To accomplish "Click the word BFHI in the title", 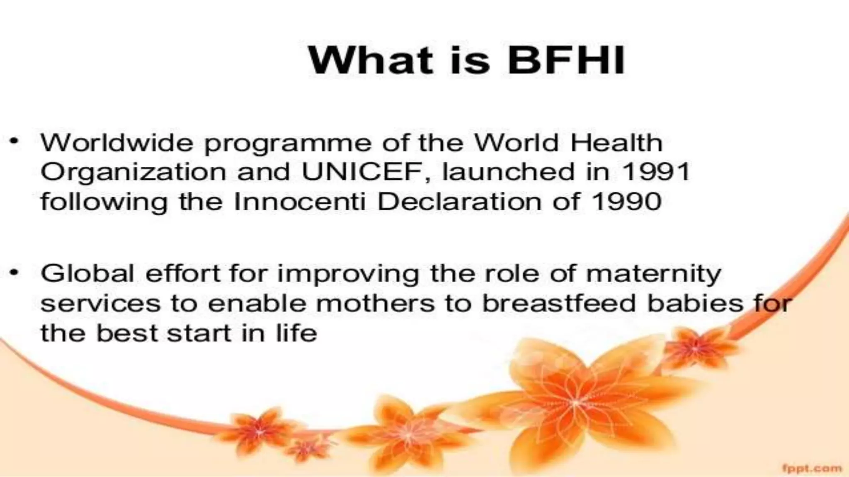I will coord(566,60).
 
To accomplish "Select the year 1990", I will coord(626,202).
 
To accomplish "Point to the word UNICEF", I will coord(364,172).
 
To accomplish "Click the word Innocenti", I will coord(300,202).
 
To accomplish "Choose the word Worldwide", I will coord(117,143).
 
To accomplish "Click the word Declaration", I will coord(459,202).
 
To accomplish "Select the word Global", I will coord(87,273).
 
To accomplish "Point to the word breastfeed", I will coord(559,303).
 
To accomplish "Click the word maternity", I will coord(654,274).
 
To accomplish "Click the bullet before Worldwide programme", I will coord(15,142).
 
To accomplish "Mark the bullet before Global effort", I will coord(15,272).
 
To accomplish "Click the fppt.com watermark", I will coord(812,468).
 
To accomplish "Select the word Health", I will coord(616,143).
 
